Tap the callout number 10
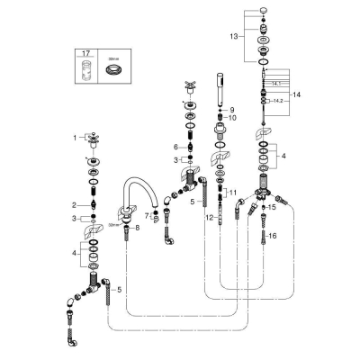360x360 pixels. click(x=232, y=118)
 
